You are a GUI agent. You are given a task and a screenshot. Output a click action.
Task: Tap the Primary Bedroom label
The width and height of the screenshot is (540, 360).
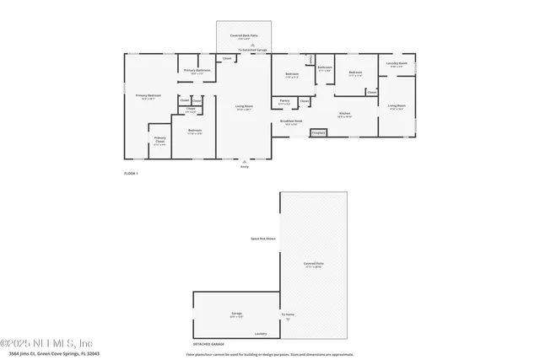tap(148, 96)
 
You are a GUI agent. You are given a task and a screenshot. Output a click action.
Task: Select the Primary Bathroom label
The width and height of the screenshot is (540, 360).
tap(197, 71)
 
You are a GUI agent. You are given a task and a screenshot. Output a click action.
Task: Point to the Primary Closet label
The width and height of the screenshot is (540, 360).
tap(159, 139)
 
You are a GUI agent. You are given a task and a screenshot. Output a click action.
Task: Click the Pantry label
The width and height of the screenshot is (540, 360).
tap(283, 102)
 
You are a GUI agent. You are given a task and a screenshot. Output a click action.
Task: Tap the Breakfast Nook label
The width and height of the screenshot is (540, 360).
tap(292, 121)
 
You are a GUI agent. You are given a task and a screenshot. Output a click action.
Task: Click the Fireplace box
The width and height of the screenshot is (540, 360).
tap(319, 132)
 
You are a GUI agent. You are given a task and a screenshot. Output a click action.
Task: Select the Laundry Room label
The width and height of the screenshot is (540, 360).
tap(397, 64)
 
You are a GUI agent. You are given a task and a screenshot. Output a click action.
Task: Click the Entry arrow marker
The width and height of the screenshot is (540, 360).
tap(246, 162)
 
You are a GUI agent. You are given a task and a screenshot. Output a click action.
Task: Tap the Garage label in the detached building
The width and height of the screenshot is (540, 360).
tap(237, 313)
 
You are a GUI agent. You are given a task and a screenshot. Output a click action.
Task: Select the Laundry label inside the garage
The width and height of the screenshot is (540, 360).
tap(261, 333)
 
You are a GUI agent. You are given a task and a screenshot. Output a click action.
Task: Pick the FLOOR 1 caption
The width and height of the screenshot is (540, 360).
tap(131, 172)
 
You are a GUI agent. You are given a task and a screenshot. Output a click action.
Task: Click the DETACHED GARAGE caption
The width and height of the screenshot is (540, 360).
tap(208, 345)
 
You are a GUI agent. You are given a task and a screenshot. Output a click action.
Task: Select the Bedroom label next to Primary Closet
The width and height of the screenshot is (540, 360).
tap(195, 131)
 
